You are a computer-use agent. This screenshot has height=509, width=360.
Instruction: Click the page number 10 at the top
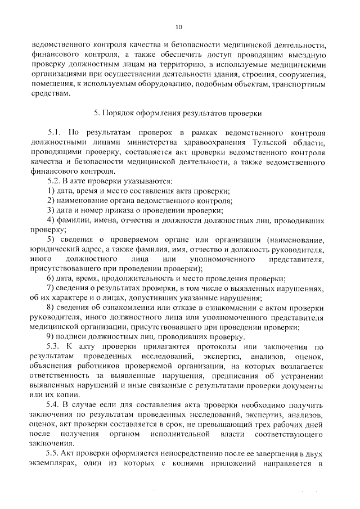tap(179, 26)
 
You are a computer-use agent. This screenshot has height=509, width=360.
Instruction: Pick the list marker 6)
tap(50, 279)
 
